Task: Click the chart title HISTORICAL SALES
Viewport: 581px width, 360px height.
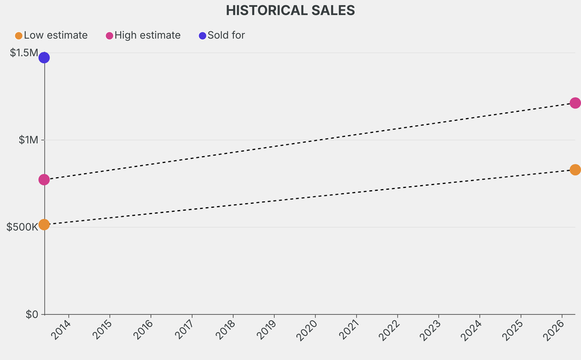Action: (290, 10)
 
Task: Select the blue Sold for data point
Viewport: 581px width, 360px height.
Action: (44, 57)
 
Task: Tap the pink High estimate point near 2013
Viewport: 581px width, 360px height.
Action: (44, 179)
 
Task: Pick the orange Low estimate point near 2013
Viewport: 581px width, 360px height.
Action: (44, 224)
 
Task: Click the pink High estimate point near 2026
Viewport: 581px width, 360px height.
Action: (575, 103)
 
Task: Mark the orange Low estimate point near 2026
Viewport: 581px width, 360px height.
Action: (575, 170)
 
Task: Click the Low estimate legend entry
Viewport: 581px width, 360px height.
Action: (55, 35)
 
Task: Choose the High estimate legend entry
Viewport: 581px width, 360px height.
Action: (147, 35)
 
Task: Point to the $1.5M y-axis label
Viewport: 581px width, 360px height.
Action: (23, 53)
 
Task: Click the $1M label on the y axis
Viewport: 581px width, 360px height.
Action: (28, 140)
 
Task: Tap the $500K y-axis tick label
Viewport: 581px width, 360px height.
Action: (22, 227)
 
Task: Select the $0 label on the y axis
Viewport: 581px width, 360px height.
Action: (31, 314)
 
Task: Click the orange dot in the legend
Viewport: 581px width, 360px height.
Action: (19, 36)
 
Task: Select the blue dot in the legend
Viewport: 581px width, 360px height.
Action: (203, 36)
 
